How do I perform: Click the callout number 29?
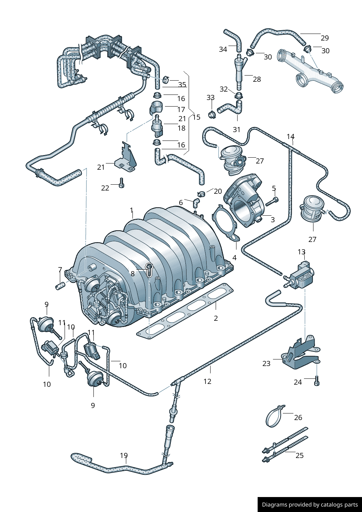(324, 38)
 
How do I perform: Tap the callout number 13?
(301, 252)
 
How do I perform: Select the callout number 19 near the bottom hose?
(124, 455)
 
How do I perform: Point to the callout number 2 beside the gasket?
(216, 318)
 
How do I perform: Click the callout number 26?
(298, 417)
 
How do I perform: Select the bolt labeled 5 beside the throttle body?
(272, 201)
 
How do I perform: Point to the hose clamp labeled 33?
(211, 115)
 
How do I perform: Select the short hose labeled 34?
(234, 39)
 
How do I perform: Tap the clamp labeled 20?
(201, 194)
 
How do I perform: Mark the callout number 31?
(236, 129)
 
